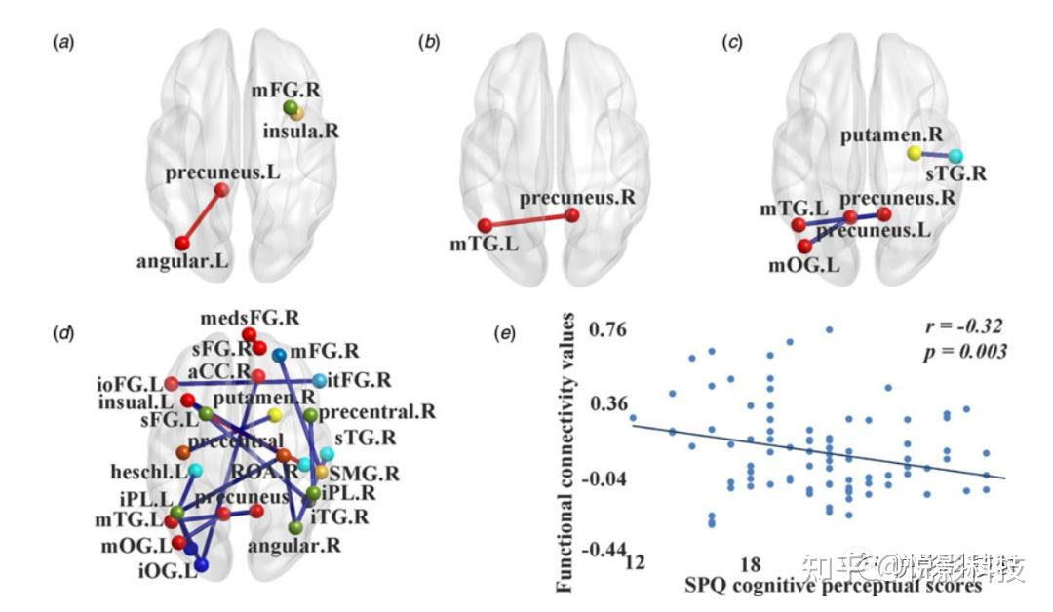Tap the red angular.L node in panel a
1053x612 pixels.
click(181, 242)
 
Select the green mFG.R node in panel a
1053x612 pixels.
click(290, 107)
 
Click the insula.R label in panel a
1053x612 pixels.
click(303, 130)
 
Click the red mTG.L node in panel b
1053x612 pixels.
click(485, 225)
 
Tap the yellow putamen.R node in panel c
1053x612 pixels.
click(914, 153)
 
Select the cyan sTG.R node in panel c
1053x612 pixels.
click(955, 156)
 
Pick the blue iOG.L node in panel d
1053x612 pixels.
click(202, 564)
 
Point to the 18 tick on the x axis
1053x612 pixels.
click(749, 564)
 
